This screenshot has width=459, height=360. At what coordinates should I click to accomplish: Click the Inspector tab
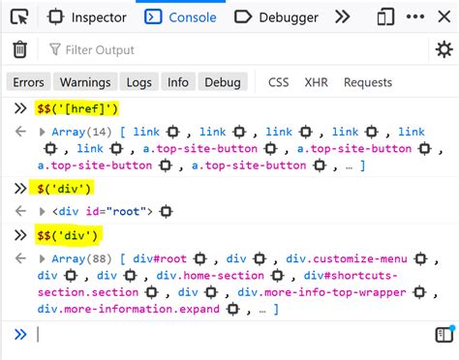click(x=86, y=16)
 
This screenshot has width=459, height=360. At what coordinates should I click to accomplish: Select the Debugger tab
click(x=277, y=16)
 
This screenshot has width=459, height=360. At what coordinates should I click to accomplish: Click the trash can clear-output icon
click(x=19, y=49)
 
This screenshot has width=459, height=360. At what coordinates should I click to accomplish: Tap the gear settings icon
click(x=444, y=49)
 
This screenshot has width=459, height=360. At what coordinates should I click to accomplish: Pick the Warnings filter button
click(x=82, y=82)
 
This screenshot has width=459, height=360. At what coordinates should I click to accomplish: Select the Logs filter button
click(x=138, y=82)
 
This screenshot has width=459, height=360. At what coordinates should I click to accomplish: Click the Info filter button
click(x=177, y=82)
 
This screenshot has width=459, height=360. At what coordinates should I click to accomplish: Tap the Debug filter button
click(x=222, y=82)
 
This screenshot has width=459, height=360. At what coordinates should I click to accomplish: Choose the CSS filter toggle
click(x=279, y=82)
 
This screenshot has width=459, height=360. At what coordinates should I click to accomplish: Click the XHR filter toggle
click(x=316, y=82)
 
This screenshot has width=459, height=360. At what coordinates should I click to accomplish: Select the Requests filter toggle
click(x=367, y=82)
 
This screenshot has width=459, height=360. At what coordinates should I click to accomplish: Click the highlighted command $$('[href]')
click(x=77, y=108)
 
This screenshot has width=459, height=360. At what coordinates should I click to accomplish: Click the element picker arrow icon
click(x=19, y=16)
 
